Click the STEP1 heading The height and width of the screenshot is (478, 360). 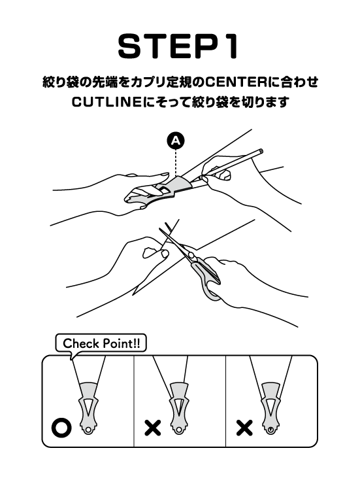pyautogui.click(x=178, y=46)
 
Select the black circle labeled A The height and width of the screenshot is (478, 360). pyautogui.click(x=176, y=141)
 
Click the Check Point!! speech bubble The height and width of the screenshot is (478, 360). pyautogui.click(x=101, y=344)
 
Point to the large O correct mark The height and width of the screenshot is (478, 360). pyautogui.click(x=62, y=428)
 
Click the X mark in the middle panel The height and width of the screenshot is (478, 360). pyautogui.click(x=153, y=428)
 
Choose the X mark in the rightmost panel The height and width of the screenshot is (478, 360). pyautogui.click(x=244, y=428)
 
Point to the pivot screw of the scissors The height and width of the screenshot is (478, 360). pyautogui.click(x=191, y=255)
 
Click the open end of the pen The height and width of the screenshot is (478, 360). pyautogui.click(x=261, y=151)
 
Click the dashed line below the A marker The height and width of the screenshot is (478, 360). pyautogui.click(x=176, y=162)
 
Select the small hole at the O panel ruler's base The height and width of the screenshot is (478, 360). pyautogui.click(x=88, y=429)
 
